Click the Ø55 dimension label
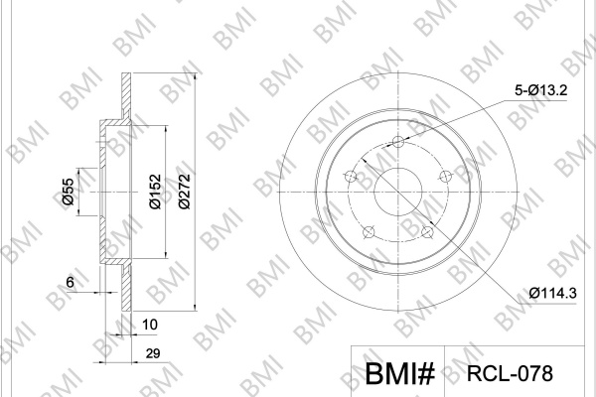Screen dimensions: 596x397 point(69,192)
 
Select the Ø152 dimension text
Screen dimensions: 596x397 point(155,192)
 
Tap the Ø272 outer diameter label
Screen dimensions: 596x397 point(184,192)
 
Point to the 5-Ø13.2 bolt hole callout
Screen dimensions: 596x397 point(541,90)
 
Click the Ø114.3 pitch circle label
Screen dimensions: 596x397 point(552,293)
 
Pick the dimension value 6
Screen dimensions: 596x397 point(70,282)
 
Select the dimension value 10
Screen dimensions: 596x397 point(149,325)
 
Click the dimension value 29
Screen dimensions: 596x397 point(152,353)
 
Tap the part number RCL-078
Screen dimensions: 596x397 point(510,373)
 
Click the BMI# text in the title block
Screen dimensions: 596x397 point(400,373)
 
